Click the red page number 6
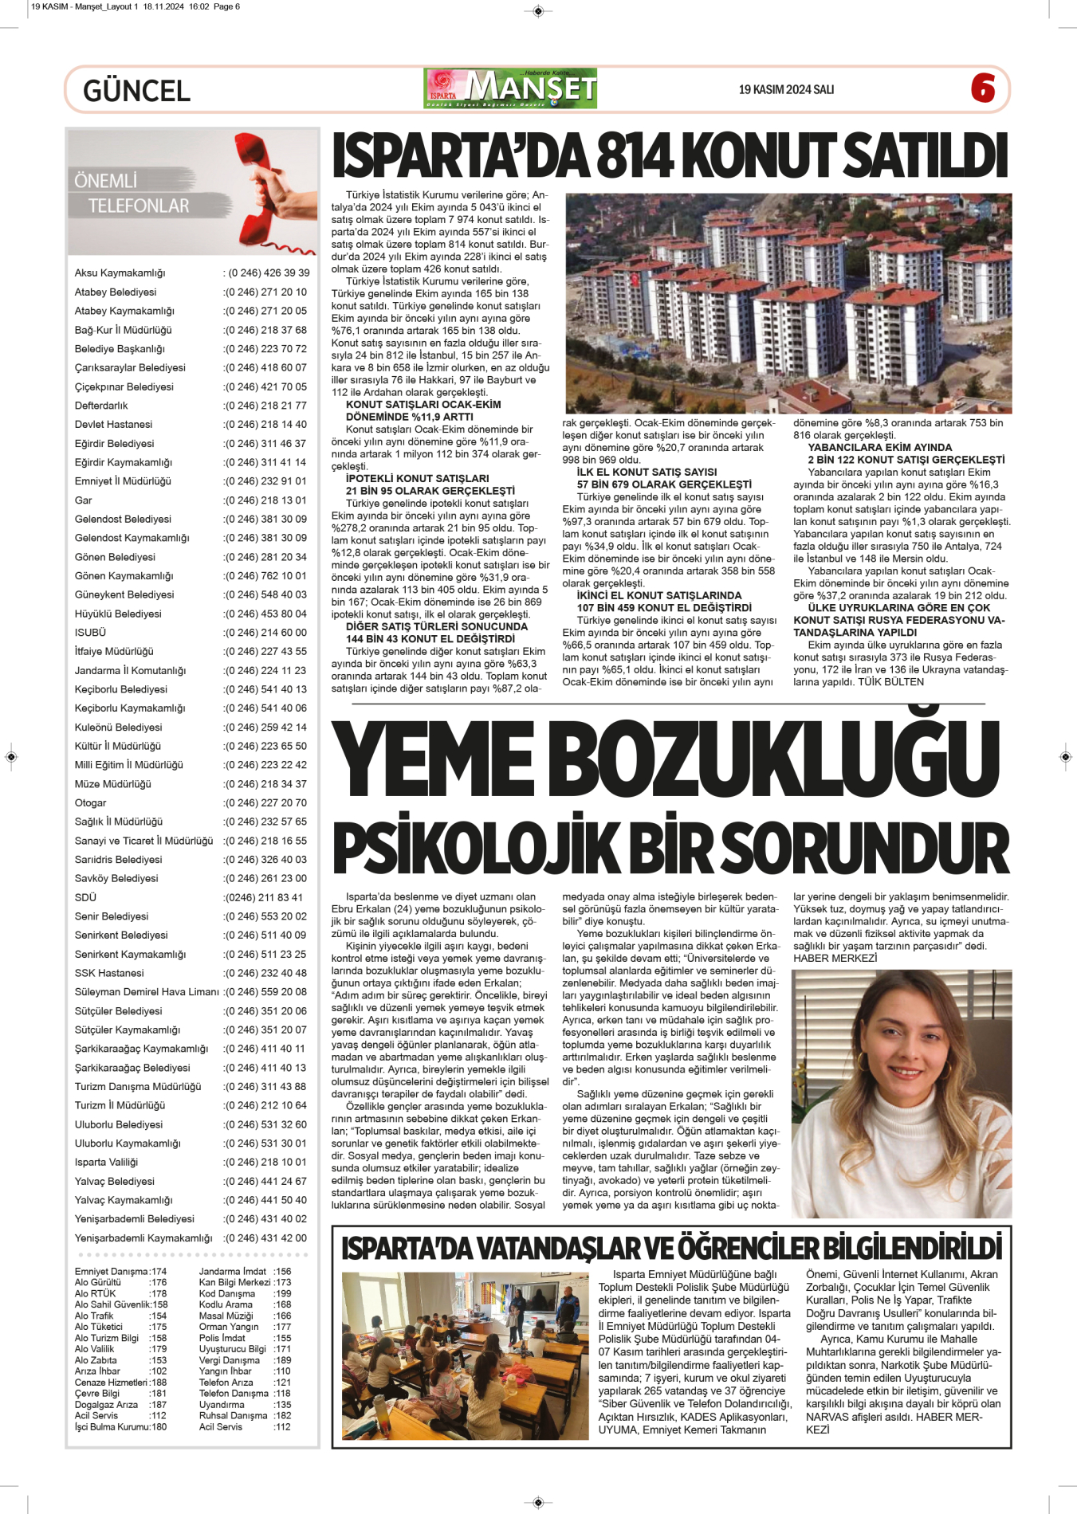pos(983,88)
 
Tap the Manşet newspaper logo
pos(510,88)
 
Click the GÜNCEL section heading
pos(136,91)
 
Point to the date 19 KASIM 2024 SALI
pos(786,89)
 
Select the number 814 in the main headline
pos(635,155)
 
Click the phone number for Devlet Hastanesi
pos(266,425)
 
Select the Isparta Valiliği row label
pos(106,1163)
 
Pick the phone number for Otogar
pos(266,803)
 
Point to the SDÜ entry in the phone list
pos(85,897)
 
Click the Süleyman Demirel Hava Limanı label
pos(147,992)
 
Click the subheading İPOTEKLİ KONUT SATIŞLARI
pos(417,479)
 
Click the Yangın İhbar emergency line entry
pos(226,1371)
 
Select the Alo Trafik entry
pos(94,1316)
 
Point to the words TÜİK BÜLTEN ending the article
pos(891,682)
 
